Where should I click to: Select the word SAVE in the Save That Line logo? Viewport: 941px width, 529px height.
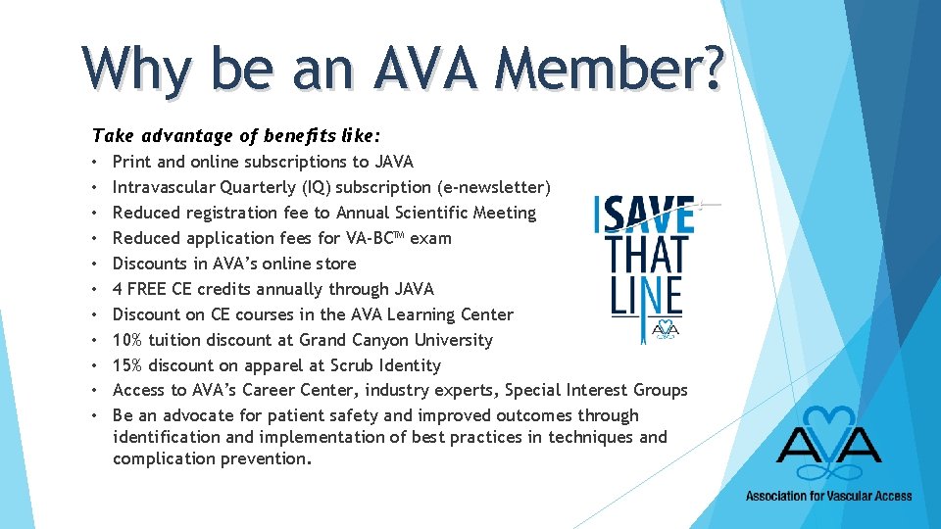647,215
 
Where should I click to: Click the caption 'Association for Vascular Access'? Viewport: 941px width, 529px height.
828,496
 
